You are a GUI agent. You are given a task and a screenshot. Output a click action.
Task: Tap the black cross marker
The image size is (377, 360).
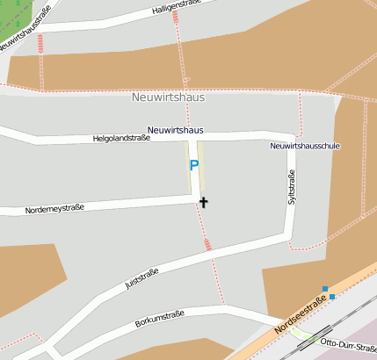(204, 202)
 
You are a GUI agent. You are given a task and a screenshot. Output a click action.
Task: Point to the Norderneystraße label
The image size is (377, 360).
(54, 209)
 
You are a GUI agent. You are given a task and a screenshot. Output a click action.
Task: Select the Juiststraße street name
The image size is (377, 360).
(141, 278)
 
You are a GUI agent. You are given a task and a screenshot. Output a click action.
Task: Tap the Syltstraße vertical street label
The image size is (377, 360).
(292, 189)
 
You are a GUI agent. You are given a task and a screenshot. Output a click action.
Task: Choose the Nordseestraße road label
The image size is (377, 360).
(300, 315)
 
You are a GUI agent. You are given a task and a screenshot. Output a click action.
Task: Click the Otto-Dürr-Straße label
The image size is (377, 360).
(349, 342)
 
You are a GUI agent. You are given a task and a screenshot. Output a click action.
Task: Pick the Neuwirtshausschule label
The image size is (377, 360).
(305, 146)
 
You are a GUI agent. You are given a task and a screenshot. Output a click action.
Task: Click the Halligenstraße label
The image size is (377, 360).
(170, 7)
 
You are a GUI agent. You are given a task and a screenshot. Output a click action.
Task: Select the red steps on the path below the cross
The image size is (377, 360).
(208, 244)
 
